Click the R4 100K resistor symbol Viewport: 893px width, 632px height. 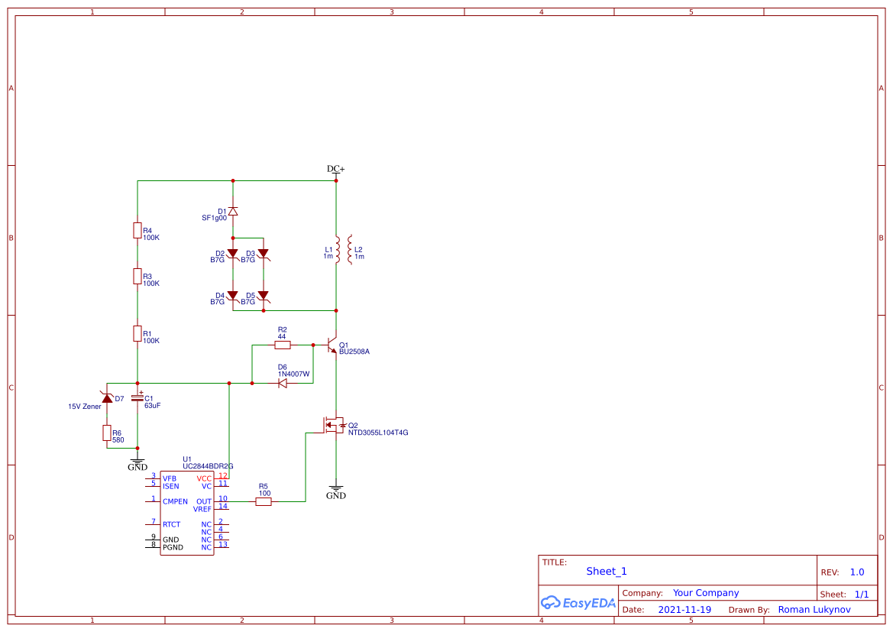[138, 230]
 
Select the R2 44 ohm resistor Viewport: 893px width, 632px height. [282, 345]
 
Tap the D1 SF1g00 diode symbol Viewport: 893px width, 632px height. [233, 211]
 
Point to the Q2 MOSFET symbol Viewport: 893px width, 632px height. [333, 425]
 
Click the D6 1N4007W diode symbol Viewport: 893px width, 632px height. [282, 383]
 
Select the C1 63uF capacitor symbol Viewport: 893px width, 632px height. [138, 398]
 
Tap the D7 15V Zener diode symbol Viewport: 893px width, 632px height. [107, 398]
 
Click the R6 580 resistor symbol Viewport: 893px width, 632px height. [107, 433]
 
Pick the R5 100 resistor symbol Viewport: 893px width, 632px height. [264, 501]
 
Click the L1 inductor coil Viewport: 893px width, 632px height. [337, 248]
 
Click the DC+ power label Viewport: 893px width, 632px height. [336, 169]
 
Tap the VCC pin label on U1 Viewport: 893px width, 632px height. [204, 478]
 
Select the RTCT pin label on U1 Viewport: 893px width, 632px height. [172, 524]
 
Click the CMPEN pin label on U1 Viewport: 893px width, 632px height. [175, 501]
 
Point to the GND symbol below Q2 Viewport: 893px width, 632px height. [336, 490]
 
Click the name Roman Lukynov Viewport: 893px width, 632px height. [814, 610]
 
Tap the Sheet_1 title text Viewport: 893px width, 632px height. [607, 571]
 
